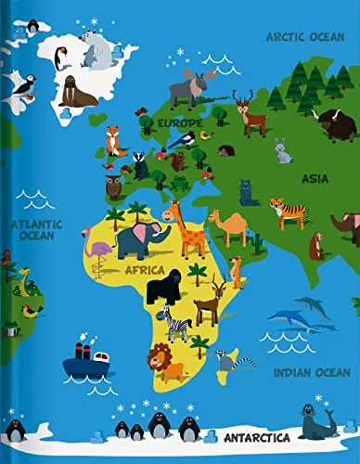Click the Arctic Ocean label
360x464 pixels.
coord(305,36)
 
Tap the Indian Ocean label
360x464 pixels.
coord(312,372)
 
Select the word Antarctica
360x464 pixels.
coord(256,435)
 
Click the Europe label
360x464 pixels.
coord(178,122)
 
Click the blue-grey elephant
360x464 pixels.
coord(141,239)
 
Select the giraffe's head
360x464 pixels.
coord(173,212)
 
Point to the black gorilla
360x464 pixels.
coord(166,288)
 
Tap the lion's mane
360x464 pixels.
coord(161,357)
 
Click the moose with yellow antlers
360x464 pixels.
coord(192,87)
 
